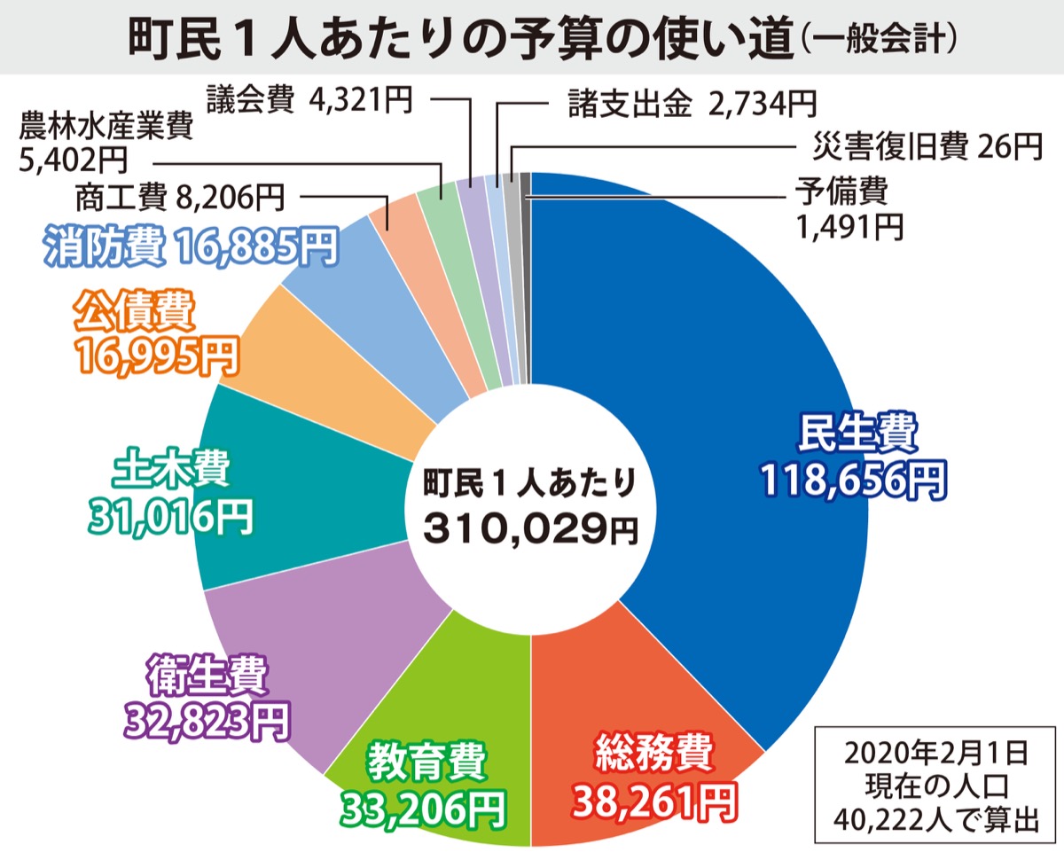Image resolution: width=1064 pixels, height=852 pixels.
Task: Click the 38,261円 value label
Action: coord(653,801)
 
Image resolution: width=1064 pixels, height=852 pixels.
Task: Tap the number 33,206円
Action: coord(424,807)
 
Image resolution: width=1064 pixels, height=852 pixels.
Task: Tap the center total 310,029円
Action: coord(530,529)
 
